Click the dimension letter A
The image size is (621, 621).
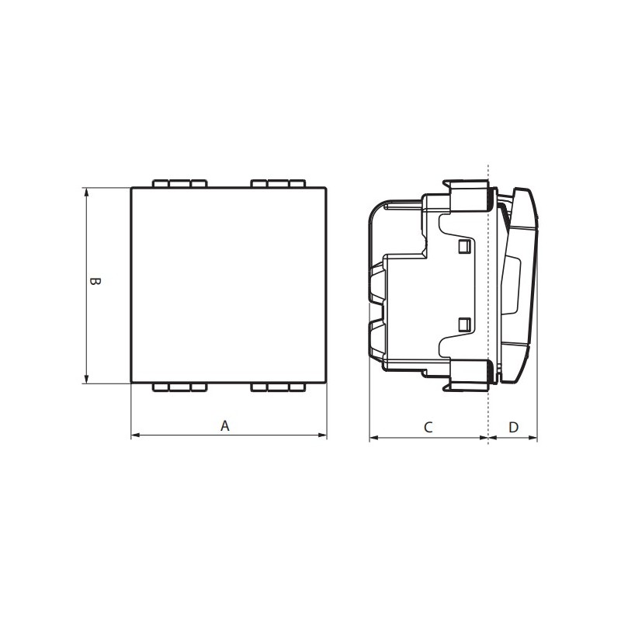click(225, 425)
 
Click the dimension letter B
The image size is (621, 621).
click(95, 281)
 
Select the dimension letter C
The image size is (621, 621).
click(428, 428)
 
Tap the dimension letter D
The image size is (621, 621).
click(513, 428)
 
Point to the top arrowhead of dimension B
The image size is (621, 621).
click(86, 192)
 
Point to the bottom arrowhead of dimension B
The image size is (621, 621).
click(86, 379)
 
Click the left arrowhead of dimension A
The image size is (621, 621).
click(135, 435)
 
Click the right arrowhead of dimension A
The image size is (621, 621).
click(322, 435)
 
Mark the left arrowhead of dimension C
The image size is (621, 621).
click(374, 438)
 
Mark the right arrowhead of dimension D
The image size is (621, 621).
click(533, 438)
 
